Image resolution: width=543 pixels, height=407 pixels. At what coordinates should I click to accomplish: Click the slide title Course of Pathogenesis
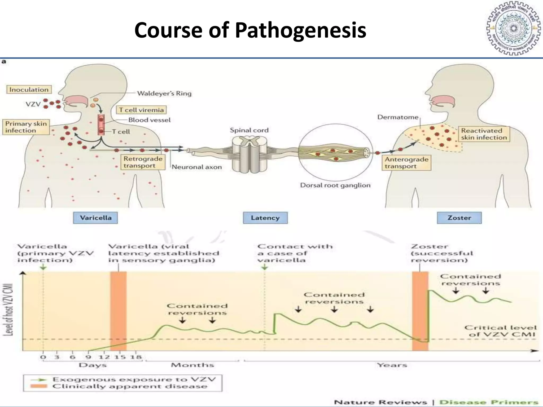(250, 30)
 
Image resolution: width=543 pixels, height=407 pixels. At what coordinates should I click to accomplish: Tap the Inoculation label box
(29, 90)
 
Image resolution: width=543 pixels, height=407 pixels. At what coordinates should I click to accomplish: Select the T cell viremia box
(141, 110)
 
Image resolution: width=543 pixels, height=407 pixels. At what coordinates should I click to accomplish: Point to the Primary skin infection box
(26, 127)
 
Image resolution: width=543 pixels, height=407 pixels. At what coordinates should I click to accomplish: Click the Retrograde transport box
(143, 162)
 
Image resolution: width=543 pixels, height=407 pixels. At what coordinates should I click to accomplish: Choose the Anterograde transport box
(406, 163)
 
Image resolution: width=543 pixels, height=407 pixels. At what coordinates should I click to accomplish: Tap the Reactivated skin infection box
(484, 134)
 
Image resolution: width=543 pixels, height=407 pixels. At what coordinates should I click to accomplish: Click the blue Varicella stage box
(95, 218)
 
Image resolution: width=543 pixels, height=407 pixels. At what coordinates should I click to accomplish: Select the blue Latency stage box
(265, 218)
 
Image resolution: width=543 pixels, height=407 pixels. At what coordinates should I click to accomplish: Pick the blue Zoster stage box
(459, 218)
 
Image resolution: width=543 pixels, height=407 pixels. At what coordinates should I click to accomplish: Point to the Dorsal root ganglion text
(335, 185)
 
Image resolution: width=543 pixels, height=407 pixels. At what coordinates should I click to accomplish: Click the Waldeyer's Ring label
(164, 93)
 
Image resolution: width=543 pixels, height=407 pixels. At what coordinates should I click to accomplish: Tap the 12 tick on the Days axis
(104, 357)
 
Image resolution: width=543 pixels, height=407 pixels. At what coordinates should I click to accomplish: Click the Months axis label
(192, 365)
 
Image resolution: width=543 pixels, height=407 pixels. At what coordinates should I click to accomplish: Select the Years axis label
(392, 365)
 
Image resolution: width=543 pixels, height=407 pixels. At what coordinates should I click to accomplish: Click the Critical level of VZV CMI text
(500, 331)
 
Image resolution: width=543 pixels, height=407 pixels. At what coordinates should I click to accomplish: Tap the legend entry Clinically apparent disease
(130, 386)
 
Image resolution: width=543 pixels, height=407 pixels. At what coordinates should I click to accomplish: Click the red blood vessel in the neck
(101, 125)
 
